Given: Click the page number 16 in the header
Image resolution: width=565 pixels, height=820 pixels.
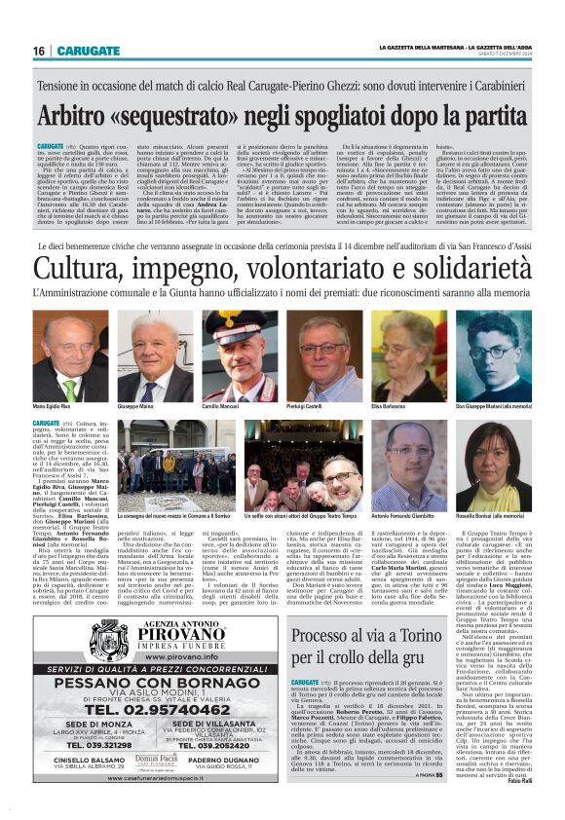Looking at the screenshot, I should [x=39, y=50].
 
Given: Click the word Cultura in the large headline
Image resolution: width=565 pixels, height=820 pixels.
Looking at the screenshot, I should [x=82, y=263].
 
